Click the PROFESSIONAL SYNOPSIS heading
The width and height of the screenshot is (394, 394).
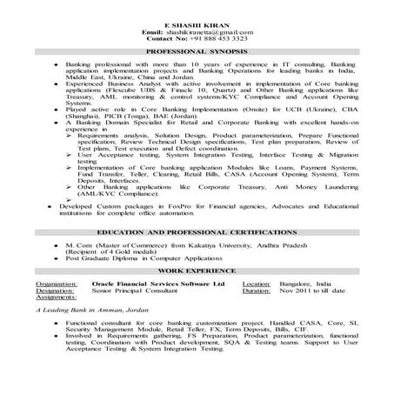[x=197, y=54]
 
